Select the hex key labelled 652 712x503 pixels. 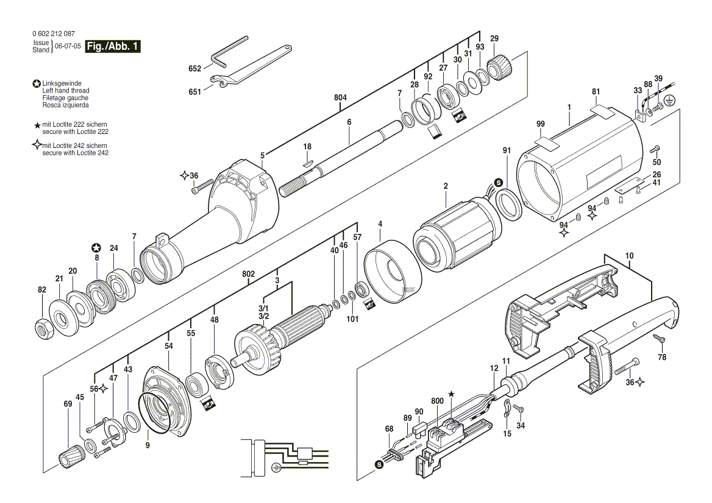(230, 51)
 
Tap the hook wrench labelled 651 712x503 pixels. (251, 65)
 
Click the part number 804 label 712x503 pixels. (340, 97)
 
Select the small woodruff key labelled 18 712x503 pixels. (308, 163)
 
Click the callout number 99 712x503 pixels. (540, 124)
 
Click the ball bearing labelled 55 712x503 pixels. (198, 385)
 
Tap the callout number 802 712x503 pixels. (248, 275)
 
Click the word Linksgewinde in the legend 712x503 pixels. (62, 83)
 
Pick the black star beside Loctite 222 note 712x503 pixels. (37, 125)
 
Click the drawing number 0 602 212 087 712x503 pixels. (54, 33)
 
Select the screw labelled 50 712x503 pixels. (655, 149)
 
